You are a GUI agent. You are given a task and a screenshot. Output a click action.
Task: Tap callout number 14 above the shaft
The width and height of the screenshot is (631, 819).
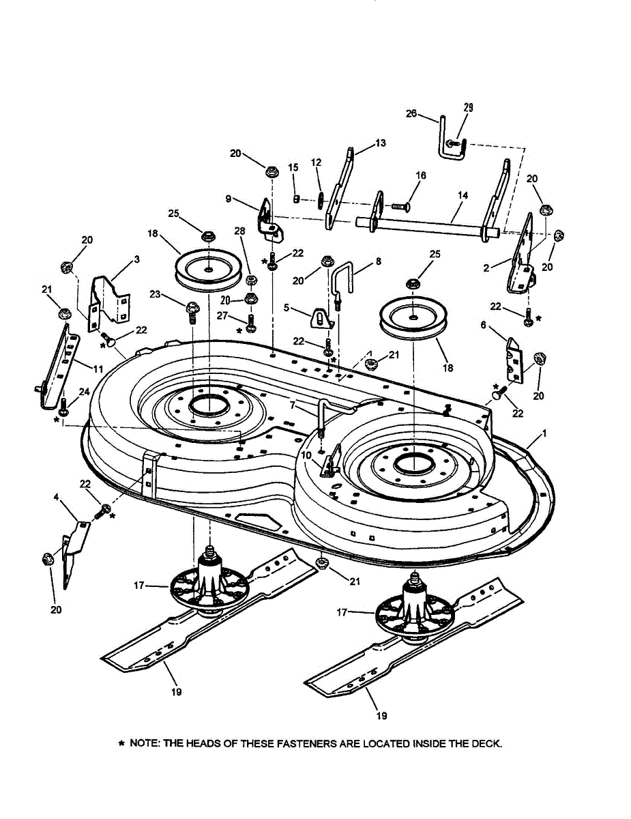[463, 195]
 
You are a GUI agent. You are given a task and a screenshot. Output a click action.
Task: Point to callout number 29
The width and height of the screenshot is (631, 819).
[468, 107]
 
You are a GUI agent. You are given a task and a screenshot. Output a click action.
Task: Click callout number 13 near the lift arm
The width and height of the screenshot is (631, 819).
[380, 143]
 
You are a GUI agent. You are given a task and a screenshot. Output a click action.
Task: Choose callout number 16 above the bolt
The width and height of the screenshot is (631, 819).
[420, 175]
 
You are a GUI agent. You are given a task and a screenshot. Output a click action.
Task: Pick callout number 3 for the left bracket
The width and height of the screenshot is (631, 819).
[136, 260]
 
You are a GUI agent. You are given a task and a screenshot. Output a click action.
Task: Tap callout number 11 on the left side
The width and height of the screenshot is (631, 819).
[98, 369]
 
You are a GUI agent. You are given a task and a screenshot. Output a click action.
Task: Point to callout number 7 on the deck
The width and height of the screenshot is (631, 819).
[292, 405]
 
